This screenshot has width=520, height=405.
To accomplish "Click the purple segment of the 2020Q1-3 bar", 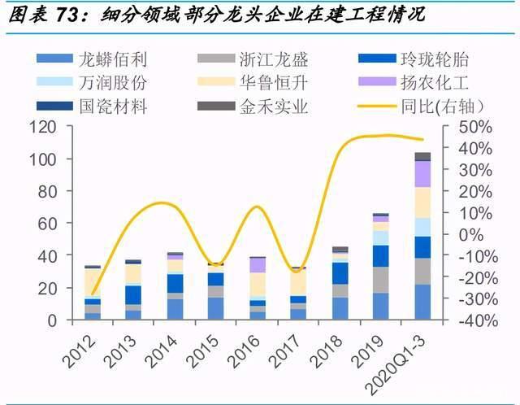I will (x=422, y=174).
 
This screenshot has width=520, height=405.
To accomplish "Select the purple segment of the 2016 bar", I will (x=258, y=265).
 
